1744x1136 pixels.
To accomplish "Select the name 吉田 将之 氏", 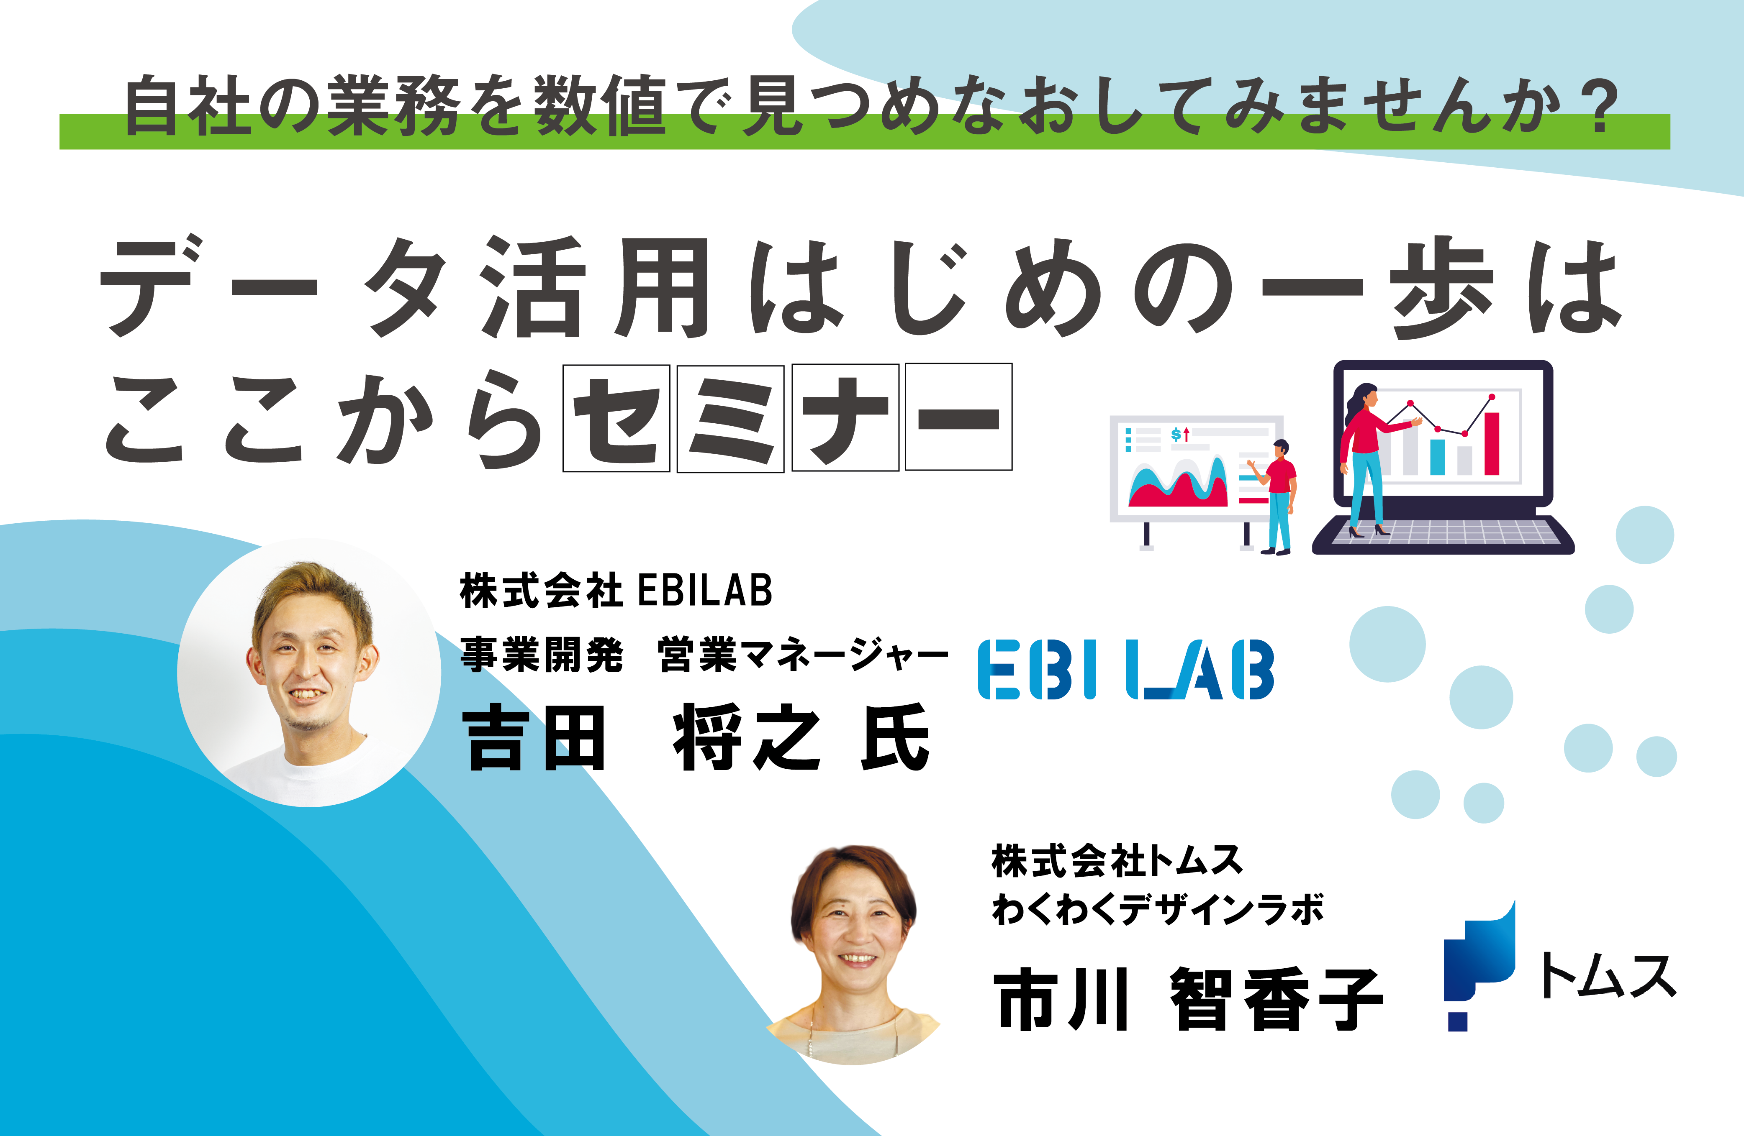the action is click(696, 737).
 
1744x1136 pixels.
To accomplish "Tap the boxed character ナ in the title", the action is click(845, 417).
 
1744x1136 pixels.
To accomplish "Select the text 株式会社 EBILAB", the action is click(616, 591).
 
